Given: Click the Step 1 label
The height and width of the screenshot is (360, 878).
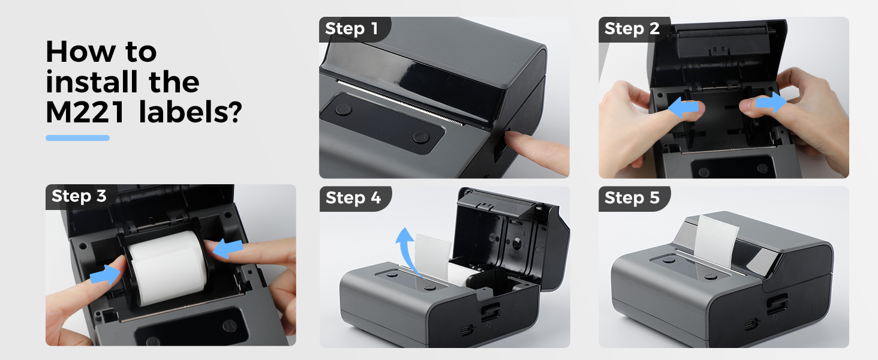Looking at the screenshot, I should pyautogui.click(x=352, y=29).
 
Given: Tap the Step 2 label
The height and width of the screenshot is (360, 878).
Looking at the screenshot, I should pyautogui.click(x=632, y=29).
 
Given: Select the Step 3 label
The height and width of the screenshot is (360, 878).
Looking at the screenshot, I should pyautogui.click(x=79, y=196).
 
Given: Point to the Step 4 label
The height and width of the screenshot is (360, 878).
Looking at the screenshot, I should pyautogui.click(x=353, y=198).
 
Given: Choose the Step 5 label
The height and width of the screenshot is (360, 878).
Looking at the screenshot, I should pyautogui.click(x=632, y=198).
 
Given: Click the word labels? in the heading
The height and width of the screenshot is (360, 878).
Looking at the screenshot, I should pyautogui.click(x=190, y=113).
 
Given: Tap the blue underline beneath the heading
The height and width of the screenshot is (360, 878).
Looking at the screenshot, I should pyautogui.click(x=77, y=138).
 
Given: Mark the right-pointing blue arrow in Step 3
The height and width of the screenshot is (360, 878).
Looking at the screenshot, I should pyautogui.click(x=106, y=275).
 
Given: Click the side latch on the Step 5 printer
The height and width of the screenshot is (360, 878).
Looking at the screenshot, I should pyautogui.click(x=774, y=306).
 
